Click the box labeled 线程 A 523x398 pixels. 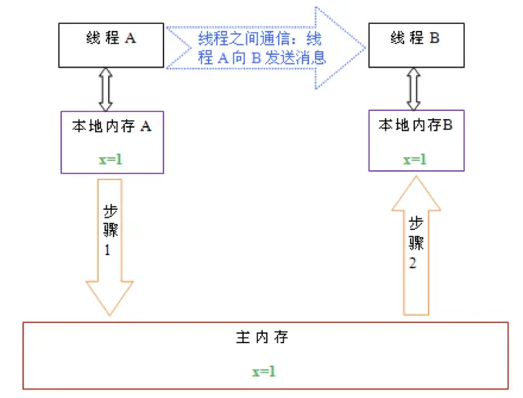point(111,45)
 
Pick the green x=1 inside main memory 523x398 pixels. point(264,371)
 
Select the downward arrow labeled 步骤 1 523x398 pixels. point(110,238)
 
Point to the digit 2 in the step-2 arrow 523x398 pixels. point(413,264)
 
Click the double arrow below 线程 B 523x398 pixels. point(414,89)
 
